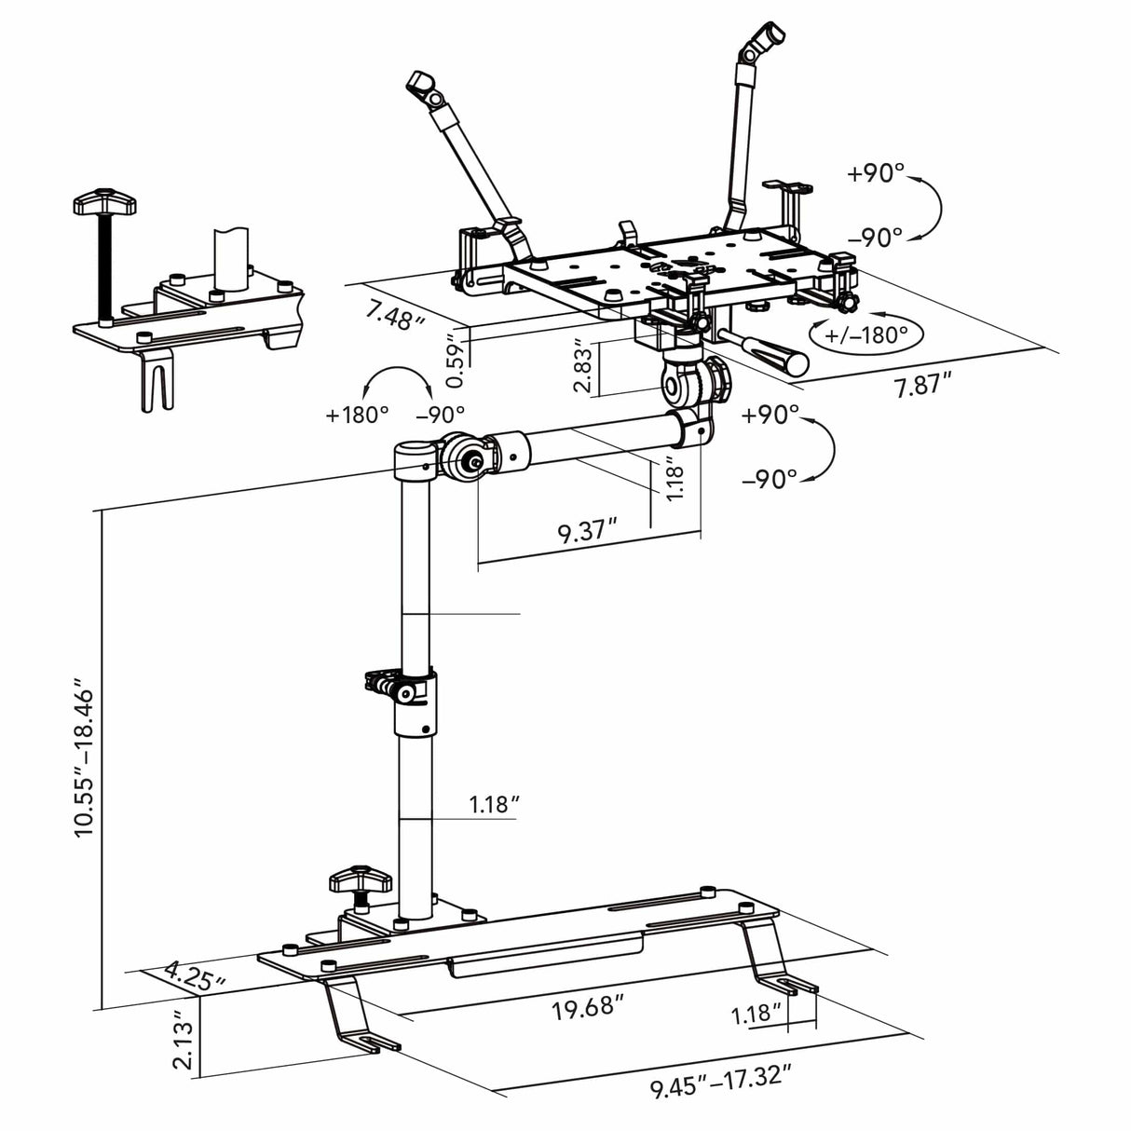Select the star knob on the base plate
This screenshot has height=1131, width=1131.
point(359,879)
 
